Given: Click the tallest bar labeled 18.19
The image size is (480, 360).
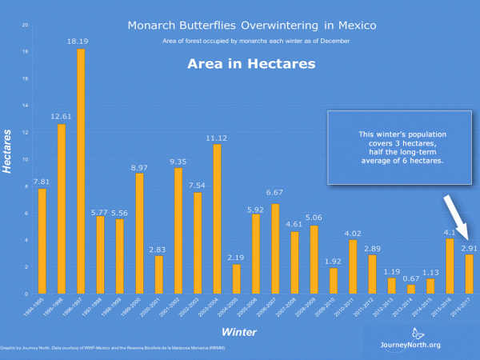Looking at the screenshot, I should coord(81,171).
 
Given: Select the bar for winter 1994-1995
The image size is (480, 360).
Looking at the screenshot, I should coord(42,241).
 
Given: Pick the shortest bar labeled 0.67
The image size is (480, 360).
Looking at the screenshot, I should coord(411,289).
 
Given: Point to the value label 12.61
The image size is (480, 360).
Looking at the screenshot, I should coord(62,117).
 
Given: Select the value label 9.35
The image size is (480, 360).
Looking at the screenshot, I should coord(178,161).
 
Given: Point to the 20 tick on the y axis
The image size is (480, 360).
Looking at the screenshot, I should coord(26,25).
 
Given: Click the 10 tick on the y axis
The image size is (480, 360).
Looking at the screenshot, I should coord(26,159).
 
